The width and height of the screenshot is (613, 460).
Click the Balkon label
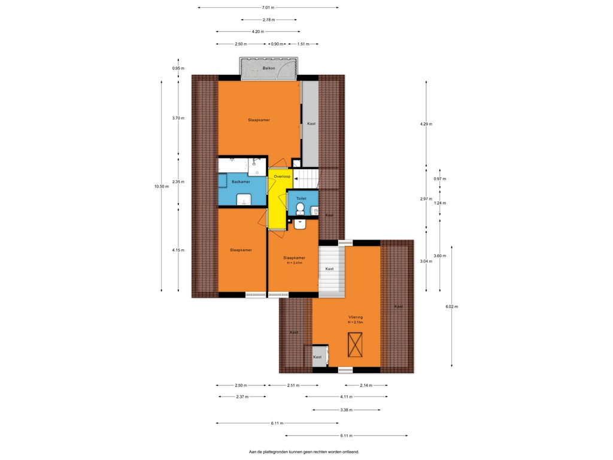[x=269, y=68]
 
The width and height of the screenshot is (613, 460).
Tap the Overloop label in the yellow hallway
[x=282, y=177]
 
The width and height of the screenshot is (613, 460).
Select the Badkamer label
[x=241, y=182]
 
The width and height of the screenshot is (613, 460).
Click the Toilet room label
[x=301, y=199]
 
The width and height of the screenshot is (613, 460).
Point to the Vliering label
[x=356, y=317]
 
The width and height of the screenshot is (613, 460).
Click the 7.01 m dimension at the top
[x=268, y=7]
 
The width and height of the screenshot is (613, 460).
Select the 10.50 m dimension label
[x=162, y=187]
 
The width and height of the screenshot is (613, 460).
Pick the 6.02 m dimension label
[x=451, y=307]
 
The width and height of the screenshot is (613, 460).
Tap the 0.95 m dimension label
[x=178, y=68]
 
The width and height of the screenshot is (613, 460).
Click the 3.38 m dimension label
[x=347, y=410]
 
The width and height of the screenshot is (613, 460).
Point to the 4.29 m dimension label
[x=426, y=124]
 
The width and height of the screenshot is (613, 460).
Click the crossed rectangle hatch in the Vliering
[x=355, y=344]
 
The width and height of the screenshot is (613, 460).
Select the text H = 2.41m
[x=295, y=264]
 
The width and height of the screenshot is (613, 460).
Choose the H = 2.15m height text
[x=356, y=322]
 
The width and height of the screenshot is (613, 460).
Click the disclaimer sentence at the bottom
[x=304, y=452]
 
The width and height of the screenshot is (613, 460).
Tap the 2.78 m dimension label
[x=269, y=20]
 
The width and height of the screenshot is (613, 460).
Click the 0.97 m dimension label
[x=440, y=178]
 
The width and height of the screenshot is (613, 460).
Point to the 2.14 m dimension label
[x=366, y=385]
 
